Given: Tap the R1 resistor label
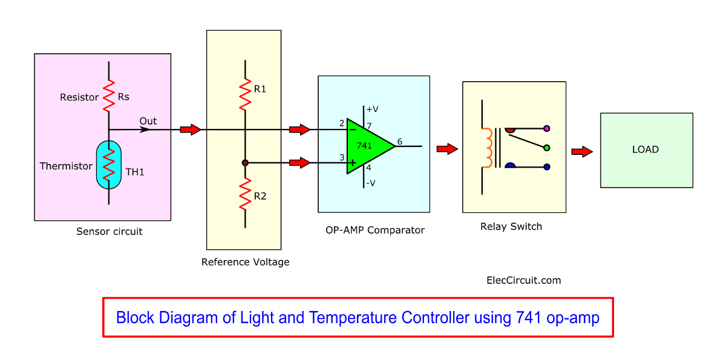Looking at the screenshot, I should pyautogui.click(x=260, y=89).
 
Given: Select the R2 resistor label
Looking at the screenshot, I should pyautogui.click(x=260, y=196).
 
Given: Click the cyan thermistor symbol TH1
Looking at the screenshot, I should pyautogui.click(x=109, y=165).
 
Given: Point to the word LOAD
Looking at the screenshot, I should pyautogui.click(x=646, y=149).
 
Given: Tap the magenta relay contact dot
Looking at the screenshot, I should pyautogui.click(x=547, y=128).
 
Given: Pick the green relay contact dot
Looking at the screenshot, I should pyautogui.click(x=547, y=148).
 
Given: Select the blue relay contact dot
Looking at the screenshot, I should pyautogui.click(x=547, y=166).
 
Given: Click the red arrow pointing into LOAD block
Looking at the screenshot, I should pyautogui.click(x=581, y=152).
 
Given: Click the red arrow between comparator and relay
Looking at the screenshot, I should pyautogui.click(x=446, y=149).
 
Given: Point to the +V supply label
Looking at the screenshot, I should pyautogui.click(x=373, y=110).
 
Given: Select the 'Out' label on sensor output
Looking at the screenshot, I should pyautogui.click(x=148, y=121).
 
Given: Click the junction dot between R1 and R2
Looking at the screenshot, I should pyautogui.click(x=245, y=163).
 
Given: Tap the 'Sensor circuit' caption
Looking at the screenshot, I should pyautogui.click(x=110, y=231).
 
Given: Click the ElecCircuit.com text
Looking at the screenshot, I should pyautogui.click(x=523, y=280).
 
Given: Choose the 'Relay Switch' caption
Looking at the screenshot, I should pyautogui.click(x=511, y=227).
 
